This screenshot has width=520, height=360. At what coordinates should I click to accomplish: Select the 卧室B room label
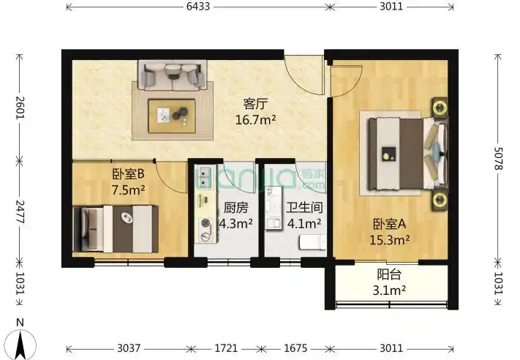128,175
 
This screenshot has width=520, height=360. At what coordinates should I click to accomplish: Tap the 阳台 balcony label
388,276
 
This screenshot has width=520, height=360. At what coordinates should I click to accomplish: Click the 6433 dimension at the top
197,7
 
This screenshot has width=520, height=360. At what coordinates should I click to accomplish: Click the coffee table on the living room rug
171,113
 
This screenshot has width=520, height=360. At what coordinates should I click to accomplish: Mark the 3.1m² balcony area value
388,290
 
